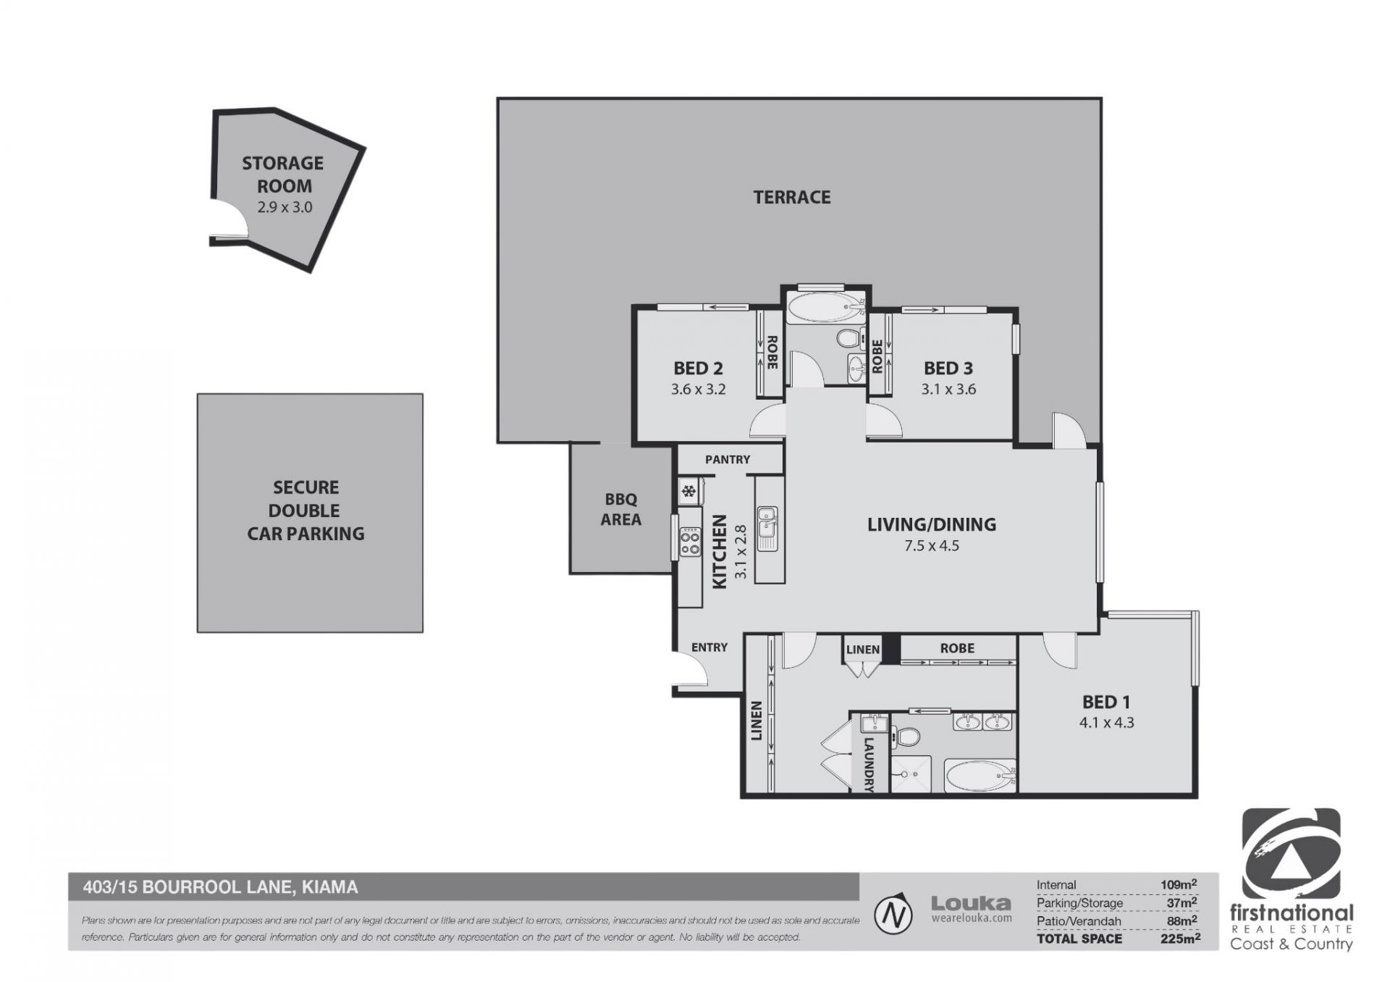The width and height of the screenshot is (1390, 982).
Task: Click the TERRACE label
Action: [x=791, y=197]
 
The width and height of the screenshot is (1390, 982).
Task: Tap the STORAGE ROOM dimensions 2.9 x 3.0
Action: [x=285, y=207]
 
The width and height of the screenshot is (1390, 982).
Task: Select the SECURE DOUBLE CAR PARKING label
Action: [x=306, y=511]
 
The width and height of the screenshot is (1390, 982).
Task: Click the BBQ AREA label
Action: [x=621, y=509]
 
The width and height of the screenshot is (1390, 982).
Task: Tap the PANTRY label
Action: [x=728, y=459]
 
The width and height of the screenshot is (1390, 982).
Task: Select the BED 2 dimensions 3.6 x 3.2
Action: [x=698, y=389]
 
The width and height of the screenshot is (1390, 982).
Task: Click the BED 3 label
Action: [x=948, y=369]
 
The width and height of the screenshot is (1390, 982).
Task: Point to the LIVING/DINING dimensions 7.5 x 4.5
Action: [x=931, y=545]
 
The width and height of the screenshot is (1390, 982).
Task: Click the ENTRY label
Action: [x=709, y=647]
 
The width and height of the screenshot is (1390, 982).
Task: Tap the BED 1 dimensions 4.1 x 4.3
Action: [x=1106, y=722]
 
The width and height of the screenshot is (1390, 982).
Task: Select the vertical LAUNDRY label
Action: [x=869, y=764]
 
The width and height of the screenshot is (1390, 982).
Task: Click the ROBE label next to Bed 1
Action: [x=957, y=648]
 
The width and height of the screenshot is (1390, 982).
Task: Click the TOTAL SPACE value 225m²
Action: [x=1180, y=939]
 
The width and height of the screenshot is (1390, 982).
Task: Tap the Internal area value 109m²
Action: [x=1178, y=884]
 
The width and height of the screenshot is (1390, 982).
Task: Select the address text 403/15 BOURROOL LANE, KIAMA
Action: [x=221, y=887]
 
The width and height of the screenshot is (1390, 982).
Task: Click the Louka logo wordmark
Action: [x=971, y=903]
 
